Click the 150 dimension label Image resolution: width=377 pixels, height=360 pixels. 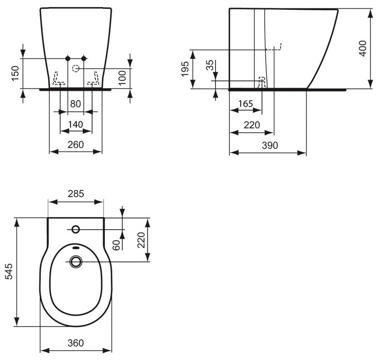[15, 73]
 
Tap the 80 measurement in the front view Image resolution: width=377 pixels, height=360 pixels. [75, 104]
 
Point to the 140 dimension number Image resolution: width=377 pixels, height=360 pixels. [75, 125]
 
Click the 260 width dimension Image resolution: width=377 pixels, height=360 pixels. [75, 145]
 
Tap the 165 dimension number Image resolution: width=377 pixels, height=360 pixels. [246, 104]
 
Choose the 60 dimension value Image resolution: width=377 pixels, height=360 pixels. [116, 245]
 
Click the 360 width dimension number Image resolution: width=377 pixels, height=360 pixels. [75, 342]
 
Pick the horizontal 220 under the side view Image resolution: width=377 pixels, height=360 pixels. [252, 125]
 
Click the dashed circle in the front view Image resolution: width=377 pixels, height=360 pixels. [76, 68]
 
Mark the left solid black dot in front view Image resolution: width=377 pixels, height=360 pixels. [68, 58]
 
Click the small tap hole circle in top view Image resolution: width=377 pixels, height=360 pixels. [76, 229]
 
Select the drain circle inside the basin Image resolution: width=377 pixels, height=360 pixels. [76, 261]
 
